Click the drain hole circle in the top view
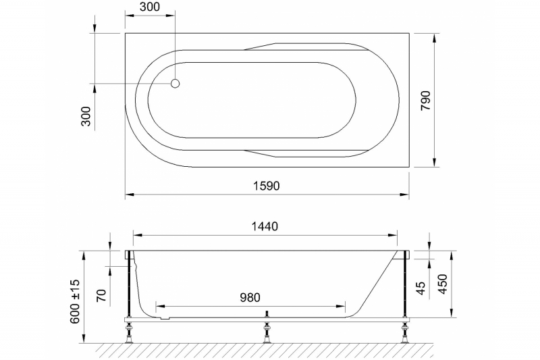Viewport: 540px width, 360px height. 175,84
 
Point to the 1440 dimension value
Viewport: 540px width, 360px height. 265,226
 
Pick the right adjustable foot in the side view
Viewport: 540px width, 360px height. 405,331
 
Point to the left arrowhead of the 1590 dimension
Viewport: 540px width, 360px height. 129,195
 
